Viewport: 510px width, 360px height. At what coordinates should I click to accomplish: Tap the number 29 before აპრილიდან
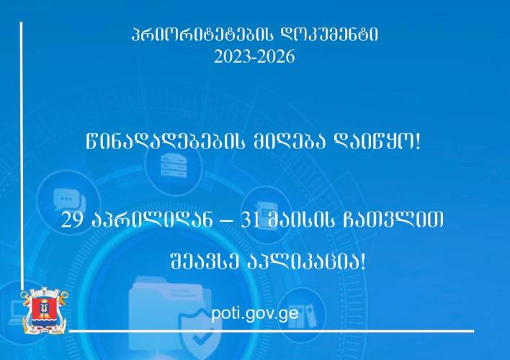[71, 220]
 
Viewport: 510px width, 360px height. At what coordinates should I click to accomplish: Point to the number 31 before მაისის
[250, 220]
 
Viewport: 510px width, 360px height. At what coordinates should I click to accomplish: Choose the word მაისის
[301, 220]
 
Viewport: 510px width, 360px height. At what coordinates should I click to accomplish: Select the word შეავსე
[205, 261]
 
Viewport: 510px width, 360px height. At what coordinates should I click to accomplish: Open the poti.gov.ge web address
[255, 313]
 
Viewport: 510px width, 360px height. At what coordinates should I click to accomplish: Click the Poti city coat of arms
[45, 310]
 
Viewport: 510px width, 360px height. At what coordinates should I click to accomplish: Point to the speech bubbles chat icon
[69, 199]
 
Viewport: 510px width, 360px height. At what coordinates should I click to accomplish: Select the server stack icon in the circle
[174, 166]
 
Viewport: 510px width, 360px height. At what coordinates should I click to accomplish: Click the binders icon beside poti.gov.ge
[304, 315]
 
